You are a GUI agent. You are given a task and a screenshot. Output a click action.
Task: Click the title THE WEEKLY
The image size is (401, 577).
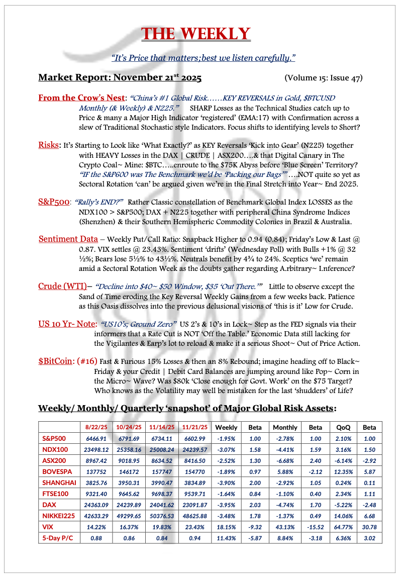click(x=196, y=34)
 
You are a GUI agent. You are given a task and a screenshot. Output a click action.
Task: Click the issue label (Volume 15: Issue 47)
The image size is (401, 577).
click(x=323, y=78)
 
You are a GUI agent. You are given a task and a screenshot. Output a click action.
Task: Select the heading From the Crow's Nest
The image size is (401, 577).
click(x=81, y=98)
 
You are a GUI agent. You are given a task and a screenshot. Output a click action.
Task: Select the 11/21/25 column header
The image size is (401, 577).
click(x=194, y=428)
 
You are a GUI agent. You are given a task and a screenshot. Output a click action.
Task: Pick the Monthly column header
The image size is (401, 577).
click(x=285, y=428)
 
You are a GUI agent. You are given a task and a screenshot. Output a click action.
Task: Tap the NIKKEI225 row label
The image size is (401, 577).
click(x=58, y=516)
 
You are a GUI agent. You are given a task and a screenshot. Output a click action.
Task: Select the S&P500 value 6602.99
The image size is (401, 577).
click(x=194, y=439)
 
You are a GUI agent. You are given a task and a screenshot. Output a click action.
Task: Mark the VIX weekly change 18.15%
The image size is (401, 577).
click(x=226, y=527)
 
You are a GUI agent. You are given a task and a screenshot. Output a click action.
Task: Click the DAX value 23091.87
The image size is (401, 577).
click(x=194, y=505)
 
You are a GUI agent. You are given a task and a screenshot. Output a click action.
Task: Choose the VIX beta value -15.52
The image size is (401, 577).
click(x=315, y=527)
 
